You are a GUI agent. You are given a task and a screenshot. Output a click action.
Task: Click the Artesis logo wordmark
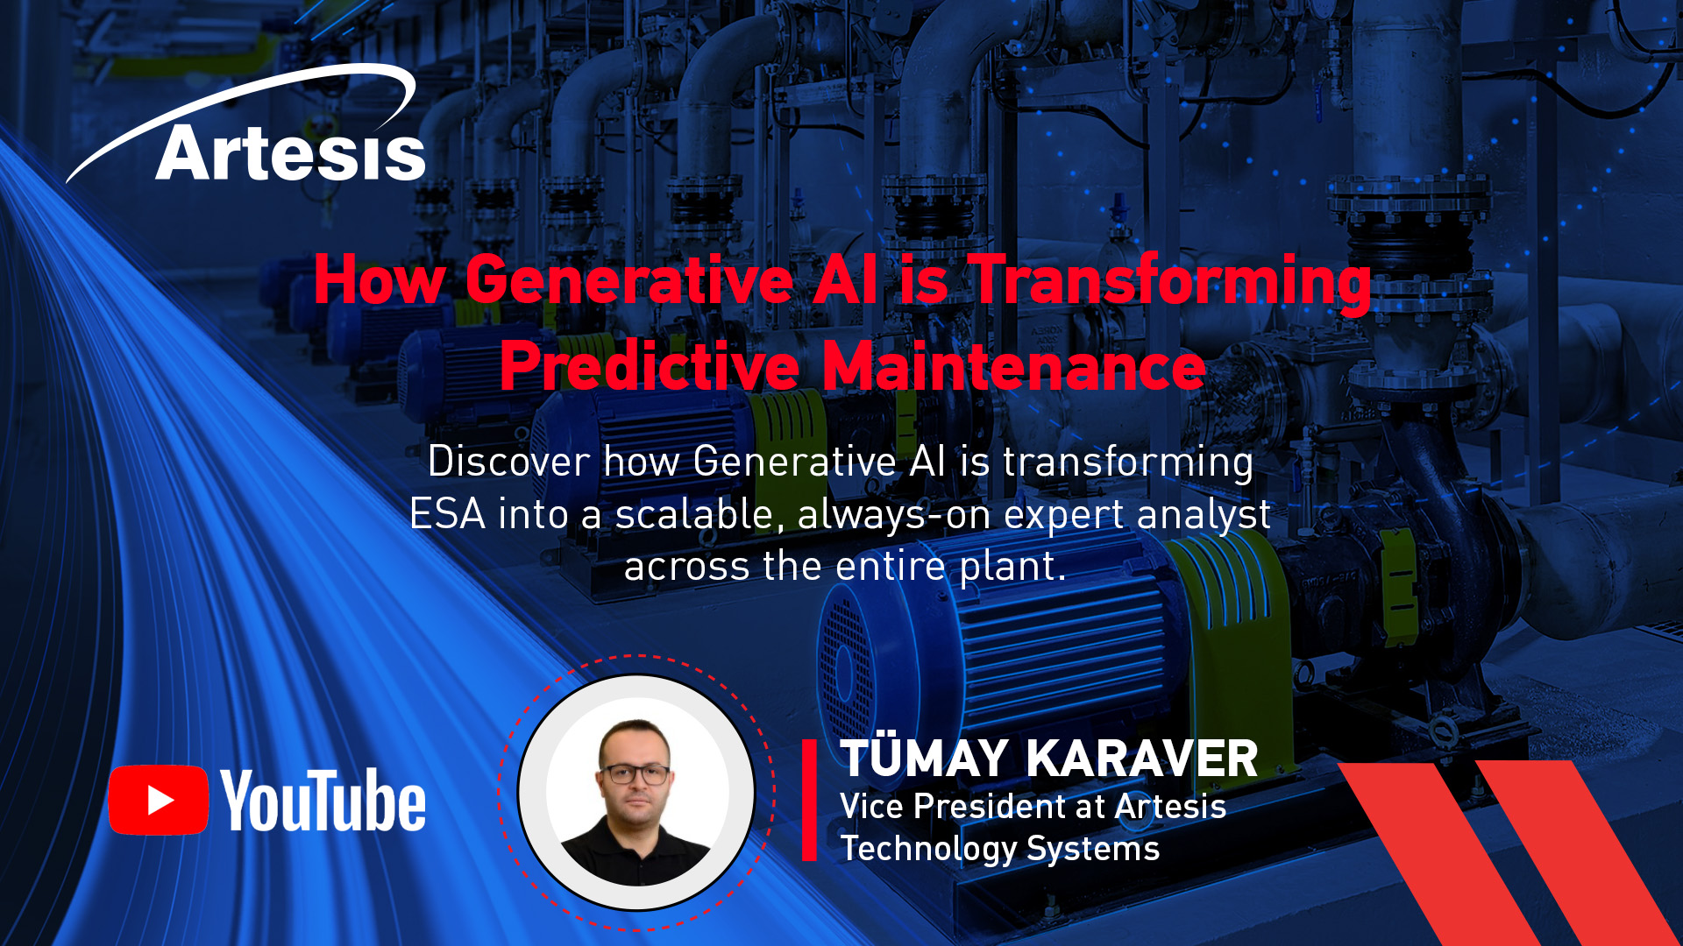[x=290, y=152]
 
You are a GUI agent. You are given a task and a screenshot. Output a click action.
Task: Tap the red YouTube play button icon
[x=159, y=800]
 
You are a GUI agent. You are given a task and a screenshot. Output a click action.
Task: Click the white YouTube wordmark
[x=323, y=800]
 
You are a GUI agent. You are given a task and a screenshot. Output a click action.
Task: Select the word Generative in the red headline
[x=629, y=280]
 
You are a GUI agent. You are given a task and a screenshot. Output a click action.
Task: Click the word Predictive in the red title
[x=650, y=365]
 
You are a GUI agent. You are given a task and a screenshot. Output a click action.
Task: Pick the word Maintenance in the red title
[x=1014, y=365]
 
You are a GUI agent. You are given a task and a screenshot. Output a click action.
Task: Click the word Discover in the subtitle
[x=508, y=461]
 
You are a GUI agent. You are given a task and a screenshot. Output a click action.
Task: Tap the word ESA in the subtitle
[x=447, y=513]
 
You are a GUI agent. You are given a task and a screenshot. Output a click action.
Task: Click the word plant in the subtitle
[x=1012, y=567]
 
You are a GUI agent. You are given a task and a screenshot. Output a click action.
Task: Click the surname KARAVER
[x=1142, y=759]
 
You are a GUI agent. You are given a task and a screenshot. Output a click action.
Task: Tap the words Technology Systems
[x=1000, y=849]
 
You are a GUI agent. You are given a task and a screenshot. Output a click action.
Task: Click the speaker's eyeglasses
[x=636, y=774]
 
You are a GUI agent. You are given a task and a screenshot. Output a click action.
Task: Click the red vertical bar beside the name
[x=809, y=800]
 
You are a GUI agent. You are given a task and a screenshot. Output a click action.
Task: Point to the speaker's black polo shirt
[x=636, y=853]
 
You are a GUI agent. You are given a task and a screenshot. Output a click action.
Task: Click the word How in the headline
[x=380, y=280]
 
